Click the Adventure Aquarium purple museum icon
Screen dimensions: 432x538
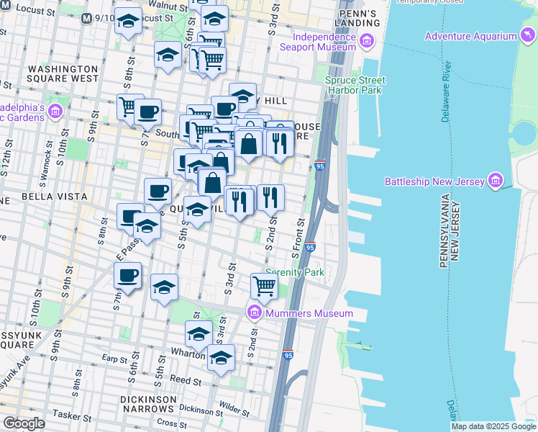(x=528, y=36)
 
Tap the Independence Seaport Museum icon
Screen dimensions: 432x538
(x=368, y=41)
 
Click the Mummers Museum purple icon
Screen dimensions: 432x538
(x=254, y=313)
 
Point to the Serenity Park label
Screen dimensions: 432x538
(x=295, y=273)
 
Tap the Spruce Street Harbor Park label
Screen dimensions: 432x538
(x=355, y=86)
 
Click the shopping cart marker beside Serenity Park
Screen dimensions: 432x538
(x=265, y=286)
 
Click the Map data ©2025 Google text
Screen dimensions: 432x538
(x=493, y=426)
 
